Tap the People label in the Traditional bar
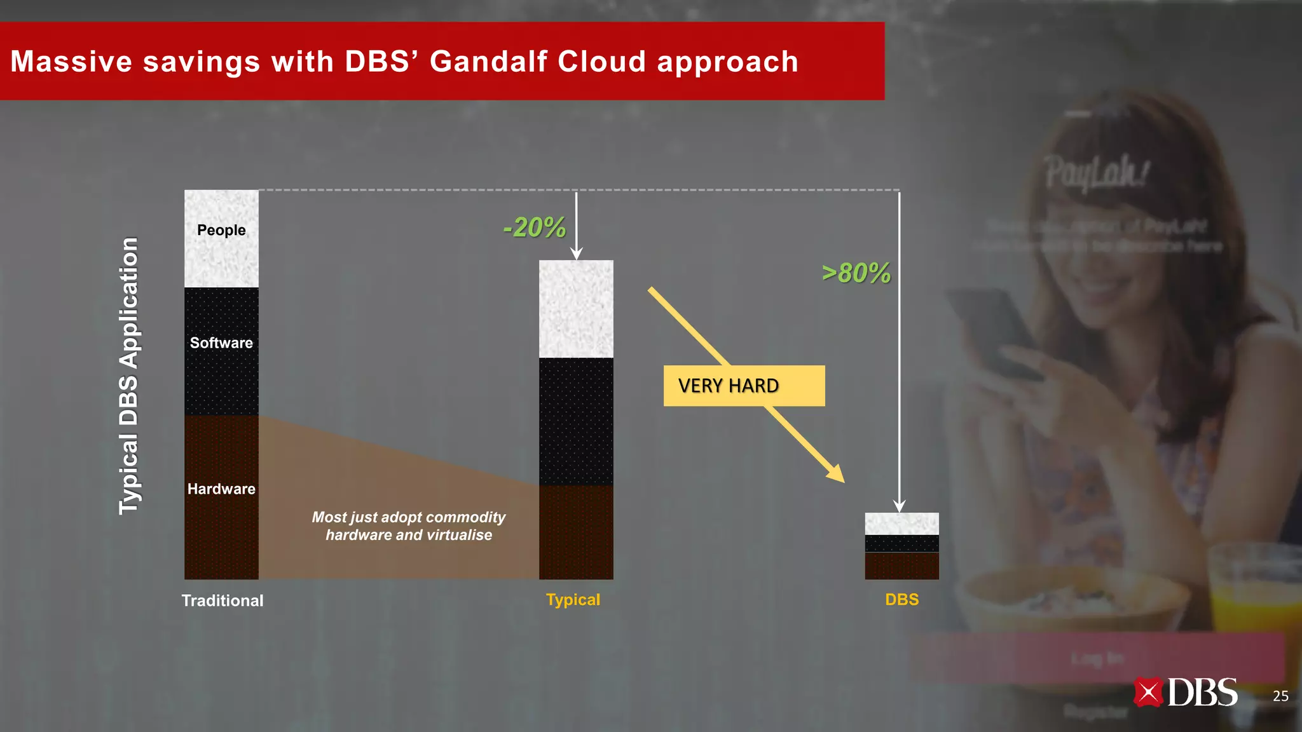221,230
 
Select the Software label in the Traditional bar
221,343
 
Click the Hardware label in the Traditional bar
221,489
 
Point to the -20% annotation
534,227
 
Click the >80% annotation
856,273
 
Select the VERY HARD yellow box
744,386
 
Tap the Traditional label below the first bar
223,600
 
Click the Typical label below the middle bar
573,600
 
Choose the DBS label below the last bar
901,600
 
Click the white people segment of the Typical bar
576,309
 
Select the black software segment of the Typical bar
576,421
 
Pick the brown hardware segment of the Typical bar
576,532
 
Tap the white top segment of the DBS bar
901,524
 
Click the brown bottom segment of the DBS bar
901,566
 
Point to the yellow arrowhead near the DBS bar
835,473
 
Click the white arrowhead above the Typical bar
576,254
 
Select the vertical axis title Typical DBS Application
129,376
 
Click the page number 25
1280,696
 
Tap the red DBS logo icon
1148,693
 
